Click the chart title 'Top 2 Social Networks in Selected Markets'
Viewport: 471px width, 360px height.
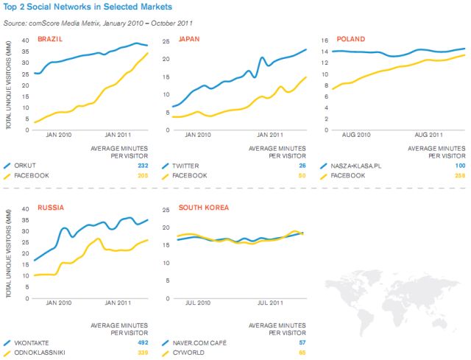pyautogui.click(x=88, y=7)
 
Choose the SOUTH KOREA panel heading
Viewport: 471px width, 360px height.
pyautogui.click(x=204, y=208)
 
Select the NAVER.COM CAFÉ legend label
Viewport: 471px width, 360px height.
pyautogui.click(x=201, y=342)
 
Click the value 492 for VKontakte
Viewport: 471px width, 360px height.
pyautogui.click(x=144, y=342)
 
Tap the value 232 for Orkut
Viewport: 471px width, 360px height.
pyautogui.click(x=144, y=165)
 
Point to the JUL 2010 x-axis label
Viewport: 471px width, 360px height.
pyautogui.click(x=198, y=303)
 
